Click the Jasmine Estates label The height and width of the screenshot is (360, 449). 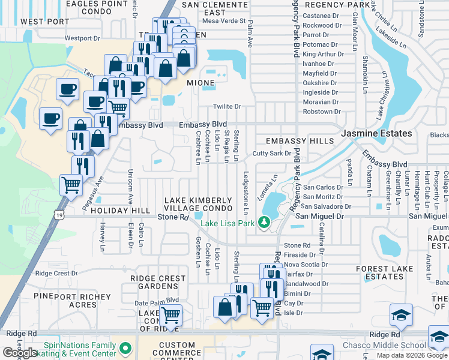(377, 133)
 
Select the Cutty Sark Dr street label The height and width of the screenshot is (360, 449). (271, 154)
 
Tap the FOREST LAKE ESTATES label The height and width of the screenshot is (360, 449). (388, 272)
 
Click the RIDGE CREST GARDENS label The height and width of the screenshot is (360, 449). (162, 283)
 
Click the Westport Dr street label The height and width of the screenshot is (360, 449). (82, 38)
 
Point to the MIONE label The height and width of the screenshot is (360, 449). (200, 83)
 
